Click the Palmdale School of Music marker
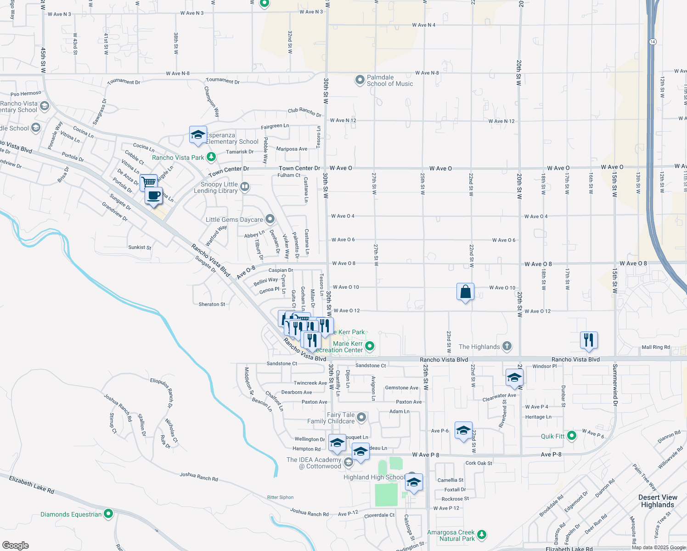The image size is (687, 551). (360, 80)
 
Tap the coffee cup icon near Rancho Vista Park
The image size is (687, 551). (154, 195)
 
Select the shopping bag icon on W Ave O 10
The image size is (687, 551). (465, 292)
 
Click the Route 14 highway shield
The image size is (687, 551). (653, 42)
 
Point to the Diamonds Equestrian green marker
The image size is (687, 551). (108, 514)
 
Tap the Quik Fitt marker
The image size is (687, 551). (572, 436)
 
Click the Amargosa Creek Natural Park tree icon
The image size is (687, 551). (482, 534)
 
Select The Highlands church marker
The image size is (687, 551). (507, 346)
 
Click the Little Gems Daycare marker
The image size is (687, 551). (270, 219)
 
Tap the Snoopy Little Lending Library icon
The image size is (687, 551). (245, 186)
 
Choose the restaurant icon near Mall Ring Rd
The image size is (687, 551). (589, 340)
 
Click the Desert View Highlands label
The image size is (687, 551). (657, 501)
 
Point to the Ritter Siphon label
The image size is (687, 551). (280, 497)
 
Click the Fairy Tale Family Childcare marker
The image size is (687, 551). (361, 417)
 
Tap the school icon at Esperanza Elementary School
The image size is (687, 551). (198, 135)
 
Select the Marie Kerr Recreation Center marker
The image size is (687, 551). (370, 346)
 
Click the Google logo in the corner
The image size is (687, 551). (16, 545)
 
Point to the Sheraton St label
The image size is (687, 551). (212, 304)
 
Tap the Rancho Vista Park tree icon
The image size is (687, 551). (211, 157)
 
